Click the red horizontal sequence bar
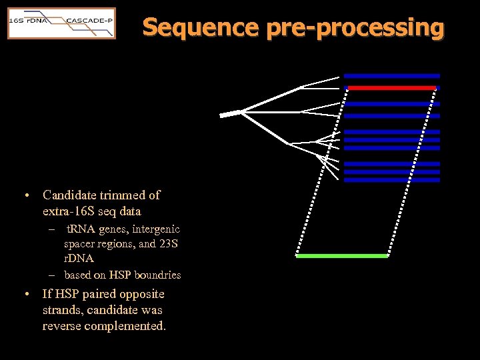click(x=391, y=87)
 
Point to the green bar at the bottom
click(x=342, y=255)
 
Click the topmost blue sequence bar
click(x=391, y=75)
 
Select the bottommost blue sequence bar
click(x=391, y=180)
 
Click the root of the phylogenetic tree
click(x=229, y=113)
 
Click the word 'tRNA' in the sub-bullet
click(x=81, y=229)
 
